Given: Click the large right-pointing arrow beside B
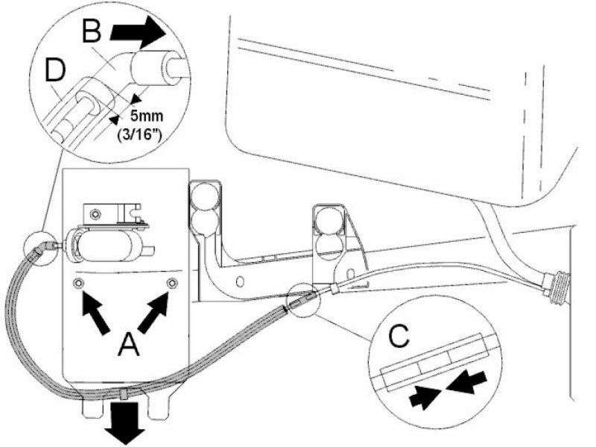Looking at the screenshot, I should point(139,33).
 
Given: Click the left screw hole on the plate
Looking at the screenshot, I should point(78,284).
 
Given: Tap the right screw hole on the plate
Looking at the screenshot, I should point(173,283).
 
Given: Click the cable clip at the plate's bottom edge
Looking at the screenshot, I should point(124,393).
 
